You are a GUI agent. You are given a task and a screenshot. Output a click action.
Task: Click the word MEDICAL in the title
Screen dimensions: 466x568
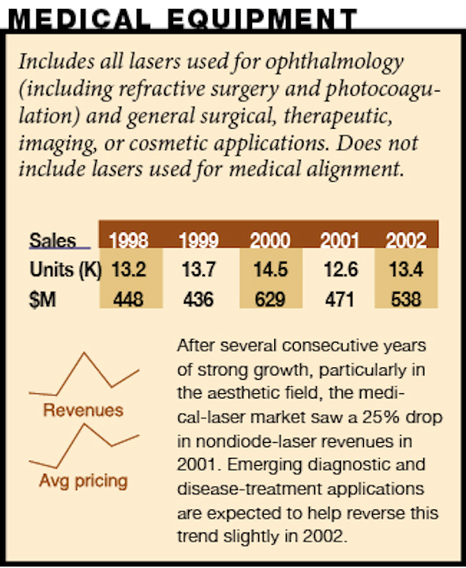79,19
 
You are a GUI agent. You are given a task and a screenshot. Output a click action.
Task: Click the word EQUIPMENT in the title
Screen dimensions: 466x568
262,19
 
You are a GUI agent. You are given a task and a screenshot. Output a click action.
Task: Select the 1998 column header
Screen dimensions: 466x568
129,241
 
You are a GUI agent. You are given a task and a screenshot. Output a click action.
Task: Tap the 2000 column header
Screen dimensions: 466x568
270,241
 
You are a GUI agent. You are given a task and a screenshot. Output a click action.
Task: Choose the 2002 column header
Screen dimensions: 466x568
407,241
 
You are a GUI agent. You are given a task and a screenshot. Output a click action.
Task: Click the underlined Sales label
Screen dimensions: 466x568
52,241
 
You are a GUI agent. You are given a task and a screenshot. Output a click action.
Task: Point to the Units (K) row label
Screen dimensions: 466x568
66,270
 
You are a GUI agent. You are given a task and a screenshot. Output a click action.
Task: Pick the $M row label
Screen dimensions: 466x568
43,300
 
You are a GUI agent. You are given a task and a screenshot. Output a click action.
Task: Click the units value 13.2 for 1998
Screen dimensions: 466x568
129,270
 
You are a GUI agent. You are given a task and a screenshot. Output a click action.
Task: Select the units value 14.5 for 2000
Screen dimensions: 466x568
271,270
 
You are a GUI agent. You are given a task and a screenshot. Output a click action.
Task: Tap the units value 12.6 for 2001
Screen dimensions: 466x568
341,270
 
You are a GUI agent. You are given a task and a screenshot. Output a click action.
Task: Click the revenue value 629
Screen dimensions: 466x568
270,300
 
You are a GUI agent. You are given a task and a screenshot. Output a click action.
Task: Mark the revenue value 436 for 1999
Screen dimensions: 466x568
198,300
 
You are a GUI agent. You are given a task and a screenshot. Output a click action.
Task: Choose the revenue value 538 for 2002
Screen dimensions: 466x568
407,300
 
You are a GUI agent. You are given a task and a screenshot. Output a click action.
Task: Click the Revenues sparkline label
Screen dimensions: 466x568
83,410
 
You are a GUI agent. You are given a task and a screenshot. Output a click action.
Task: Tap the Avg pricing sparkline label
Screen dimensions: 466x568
83,481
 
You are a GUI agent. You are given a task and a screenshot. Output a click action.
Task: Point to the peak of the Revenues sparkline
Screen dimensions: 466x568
84,353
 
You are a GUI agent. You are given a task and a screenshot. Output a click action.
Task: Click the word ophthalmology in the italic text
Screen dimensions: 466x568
335,62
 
